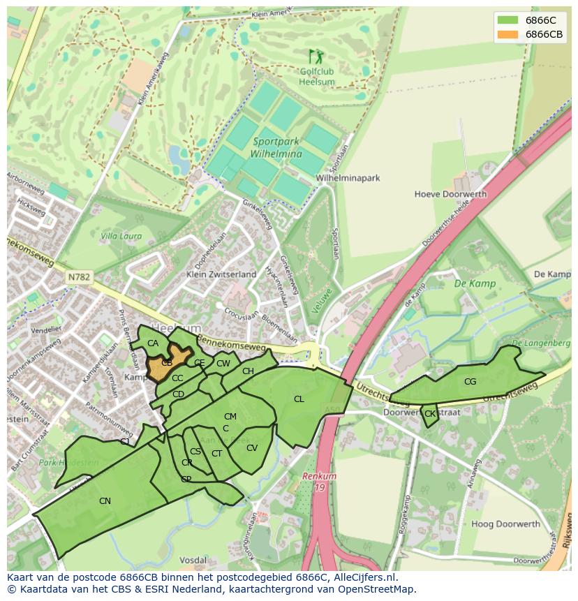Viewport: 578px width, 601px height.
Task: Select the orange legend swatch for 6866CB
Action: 508,34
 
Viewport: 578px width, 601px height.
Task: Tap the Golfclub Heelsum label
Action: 317,77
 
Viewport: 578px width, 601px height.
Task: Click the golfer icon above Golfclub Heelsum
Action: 316,56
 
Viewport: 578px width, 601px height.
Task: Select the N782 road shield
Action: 79,277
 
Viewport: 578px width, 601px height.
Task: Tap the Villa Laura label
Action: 121,236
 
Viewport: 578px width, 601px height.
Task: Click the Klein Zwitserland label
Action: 221,274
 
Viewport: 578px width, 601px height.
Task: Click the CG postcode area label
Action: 470,382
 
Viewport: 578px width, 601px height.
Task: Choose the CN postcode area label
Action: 105,500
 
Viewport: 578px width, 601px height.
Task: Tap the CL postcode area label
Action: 299,399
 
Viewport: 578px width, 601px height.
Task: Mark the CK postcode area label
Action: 430,414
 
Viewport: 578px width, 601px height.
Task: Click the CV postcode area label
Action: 252,448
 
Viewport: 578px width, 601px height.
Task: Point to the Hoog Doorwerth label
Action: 505,524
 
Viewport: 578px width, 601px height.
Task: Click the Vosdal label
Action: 193,560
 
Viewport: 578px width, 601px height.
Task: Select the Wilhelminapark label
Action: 348,178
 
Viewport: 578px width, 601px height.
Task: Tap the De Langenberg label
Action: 541,343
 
